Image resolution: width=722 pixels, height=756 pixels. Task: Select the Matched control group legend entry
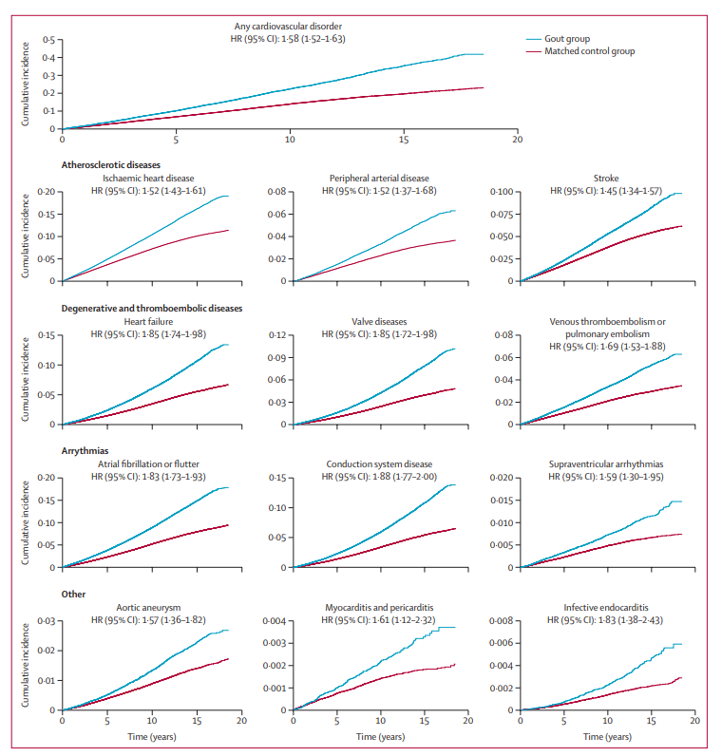click(x=589, y=51)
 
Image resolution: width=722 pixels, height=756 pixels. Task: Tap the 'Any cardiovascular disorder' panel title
click(x=289, y=27)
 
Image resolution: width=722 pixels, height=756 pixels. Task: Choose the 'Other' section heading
click(x=73, y=595)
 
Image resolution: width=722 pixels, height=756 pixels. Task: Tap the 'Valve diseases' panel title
click(x=379, y=321)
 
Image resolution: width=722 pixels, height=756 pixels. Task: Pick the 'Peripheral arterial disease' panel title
click(x=379, y=178)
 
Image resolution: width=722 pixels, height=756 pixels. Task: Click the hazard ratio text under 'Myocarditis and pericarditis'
click(x=379, y=619)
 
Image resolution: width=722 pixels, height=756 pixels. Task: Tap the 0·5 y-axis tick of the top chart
click(x=49, y=40)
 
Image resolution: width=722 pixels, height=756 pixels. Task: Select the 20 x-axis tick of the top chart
click(x=517, y=140)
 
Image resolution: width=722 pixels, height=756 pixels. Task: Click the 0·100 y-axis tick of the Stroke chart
click(x=503, y=192)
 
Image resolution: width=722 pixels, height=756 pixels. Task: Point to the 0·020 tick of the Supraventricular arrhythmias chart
click(x=503, y=478)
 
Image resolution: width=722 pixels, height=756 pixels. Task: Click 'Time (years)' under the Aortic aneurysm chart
click(x=152, y=736)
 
